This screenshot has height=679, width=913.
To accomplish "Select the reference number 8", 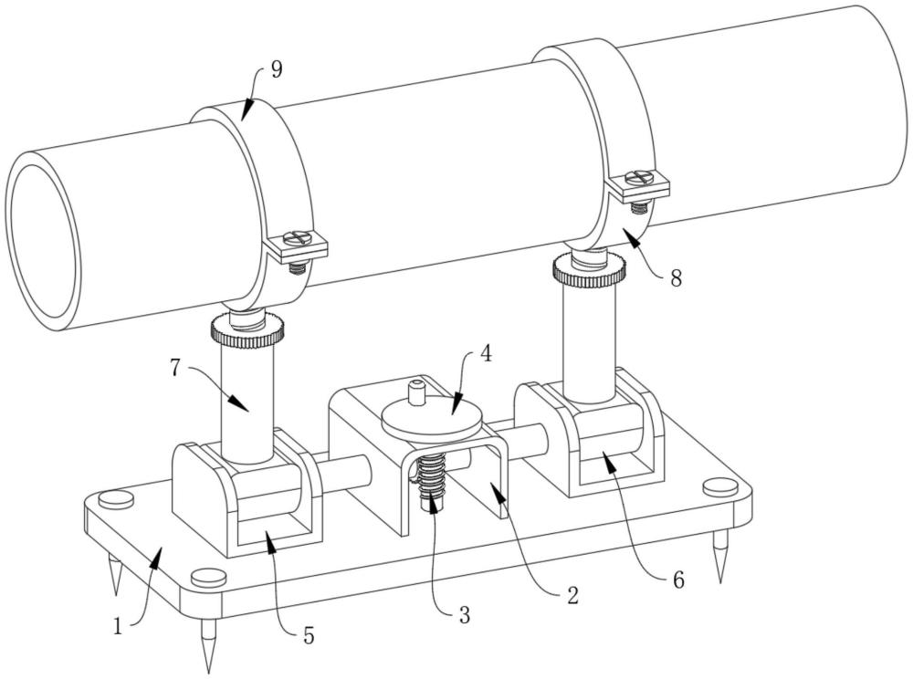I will [x=676, y=278].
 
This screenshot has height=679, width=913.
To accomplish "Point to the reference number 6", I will [x=677, y=579].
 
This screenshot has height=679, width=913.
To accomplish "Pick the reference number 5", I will [x=309, y=636].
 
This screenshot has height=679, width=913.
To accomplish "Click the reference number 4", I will [x=487, y=353].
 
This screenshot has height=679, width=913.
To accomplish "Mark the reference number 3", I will [x=464, y=614].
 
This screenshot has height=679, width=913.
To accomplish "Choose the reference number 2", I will [x=571, y=597].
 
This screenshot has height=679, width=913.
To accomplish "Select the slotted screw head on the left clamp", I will [x=298, y=238].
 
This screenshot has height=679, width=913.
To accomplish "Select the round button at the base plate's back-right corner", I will [x=720, y=486].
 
